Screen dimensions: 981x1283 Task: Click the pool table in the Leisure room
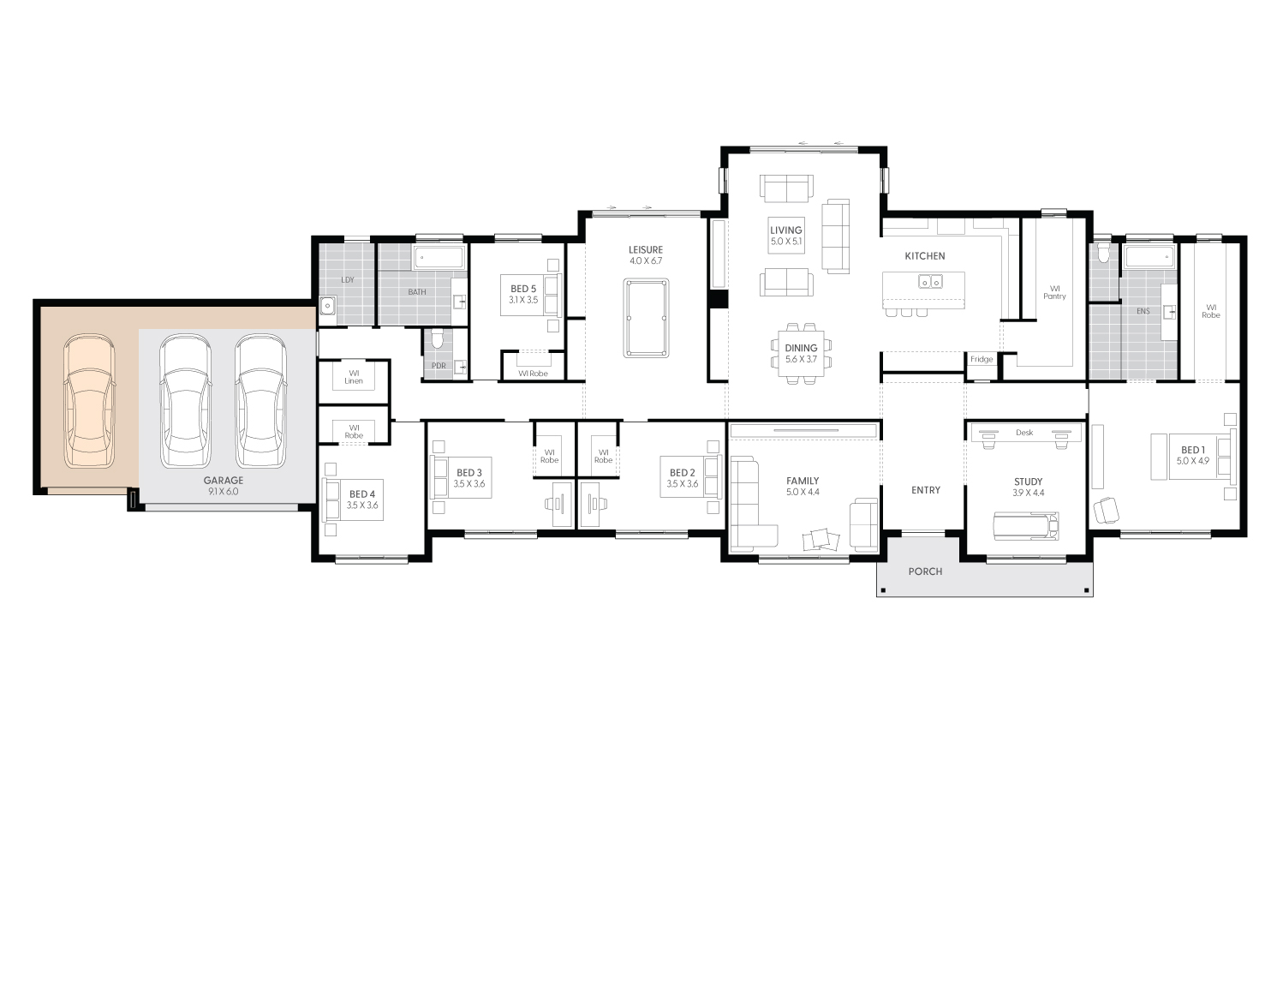647,316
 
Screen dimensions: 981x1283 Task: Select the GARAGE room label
223,481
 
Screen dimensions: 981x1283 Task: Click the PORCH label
925,571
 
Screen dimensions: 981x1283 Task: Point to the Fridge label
982,359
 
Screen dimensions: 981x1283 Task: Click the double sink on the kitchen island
930,281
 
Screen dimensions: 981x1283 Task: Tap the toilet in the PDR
438,341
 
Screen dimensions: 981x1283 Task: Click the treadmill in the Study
1026,523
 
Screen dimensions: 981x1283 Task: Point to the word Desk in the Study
1024,433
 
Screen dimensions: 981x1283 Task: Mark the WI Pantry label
1054,292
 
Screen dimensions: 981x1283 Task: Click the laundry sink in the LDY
327,305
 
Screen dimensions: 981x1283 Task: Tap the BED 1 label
1191,450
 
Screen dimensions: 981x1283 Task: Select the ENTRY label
925,490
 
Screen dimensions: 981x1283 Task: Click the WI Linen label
355,377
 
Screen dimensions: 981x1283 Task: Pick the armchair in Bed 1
1106,510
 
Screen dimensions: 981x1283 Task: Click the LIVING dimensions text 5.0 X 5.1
785,242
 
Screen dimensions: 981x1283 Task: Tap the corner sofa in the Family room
750,505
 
